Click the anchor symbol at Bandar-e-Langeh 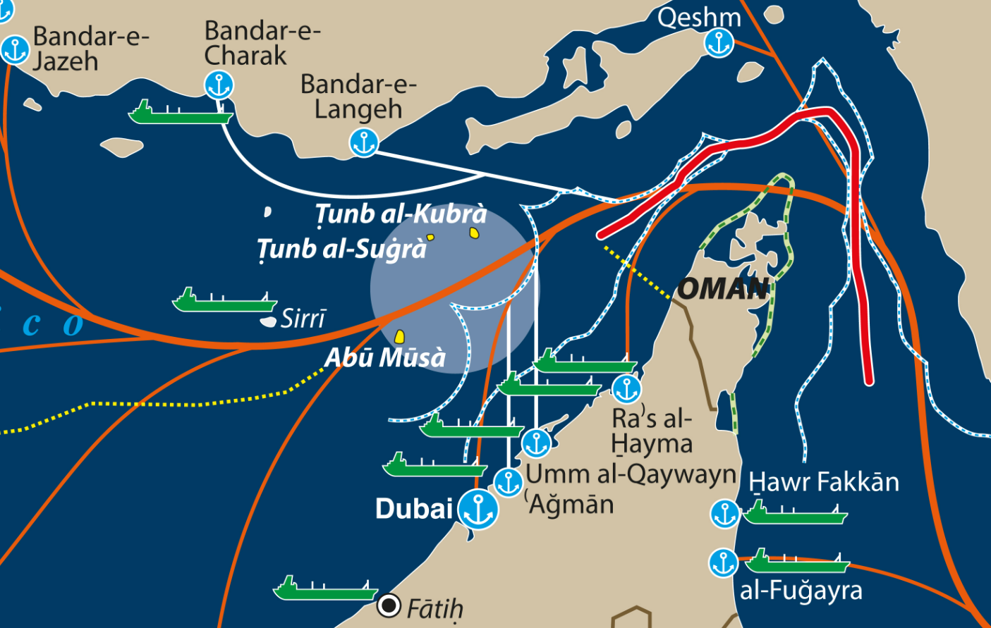(x=364, y=143)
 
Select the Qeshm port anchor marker (x=719, y=44)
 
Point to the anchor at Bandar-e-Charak (x=219, y=85)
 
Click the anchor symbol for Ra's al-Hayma (x=626, y=389)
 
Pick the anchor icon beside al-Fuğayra (x=723, y=563)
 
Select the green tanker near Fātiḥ (x=325, y=590)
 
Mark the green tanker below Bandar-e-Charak (x=180, y=113)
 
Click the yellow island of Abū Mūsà (x=399, y=336)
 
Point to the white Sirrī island (x=268, y=321)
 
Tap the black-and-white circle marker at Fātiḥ (x=389, y=605)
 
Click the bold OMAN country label (x=723, y=288)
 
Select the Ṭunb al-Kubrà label (x=401, y=214)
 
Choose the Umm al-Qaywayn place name (x=631, y=474)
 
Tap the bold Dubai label (x=414, y=508)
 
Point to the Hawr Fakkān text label (x=824, y=482)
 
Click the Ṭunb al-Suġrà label (x=342, y=249)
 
